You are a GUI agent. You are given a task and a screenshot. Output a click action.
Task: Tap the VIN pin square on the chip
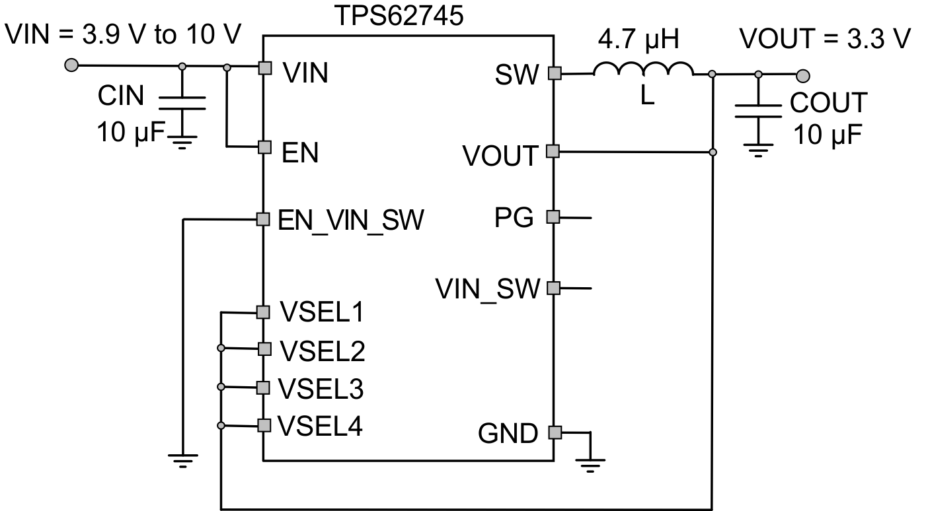pyautogui.click(x=264, y=67)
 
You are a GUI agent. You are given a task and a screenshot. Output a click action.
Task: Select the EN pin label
pyautogui.click(x=300, y=153)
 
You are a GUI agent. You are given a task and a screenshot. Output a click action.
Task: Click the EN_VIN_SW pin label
pyautogui.click(x=350, y=219)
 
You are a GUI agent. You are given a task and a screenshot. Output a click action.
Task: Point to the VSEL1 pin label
pyautogui.click(x=321, y=312)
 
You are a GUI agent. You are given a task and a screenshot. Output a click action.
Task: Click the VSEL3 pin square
pyautogui.click(x=264, y=387)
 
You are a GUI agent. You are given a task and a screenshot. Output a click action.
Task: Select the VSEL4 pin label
pyautogui.click(x=320, y=426)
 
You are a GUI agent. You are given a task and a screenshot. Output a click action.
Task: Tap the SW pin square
pyautogui.click(x=554, y=74)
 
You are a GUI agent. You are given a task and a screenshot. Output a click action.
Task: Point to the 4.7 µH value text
pyautogui.click(x=638, y=41)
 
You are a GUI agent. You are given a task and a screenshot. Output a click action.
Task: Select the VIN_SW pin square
pyautogui.click(x=554, y=288)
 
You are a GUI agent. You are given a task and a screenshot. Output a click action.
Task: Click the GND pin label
pyautogui.click(x=508, y=434)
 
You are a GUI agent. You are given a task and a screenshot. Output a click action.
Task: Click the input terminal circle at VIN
pyautogui.click(x=71, y=65)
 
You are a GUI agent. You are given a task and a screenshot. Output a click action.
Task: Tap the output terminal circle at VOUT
pyautogui.click(x=803, y=75)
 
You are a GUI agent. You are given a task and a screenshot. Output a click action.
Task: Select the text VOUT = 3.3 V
pyautogui.click(x=824, y=40)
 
